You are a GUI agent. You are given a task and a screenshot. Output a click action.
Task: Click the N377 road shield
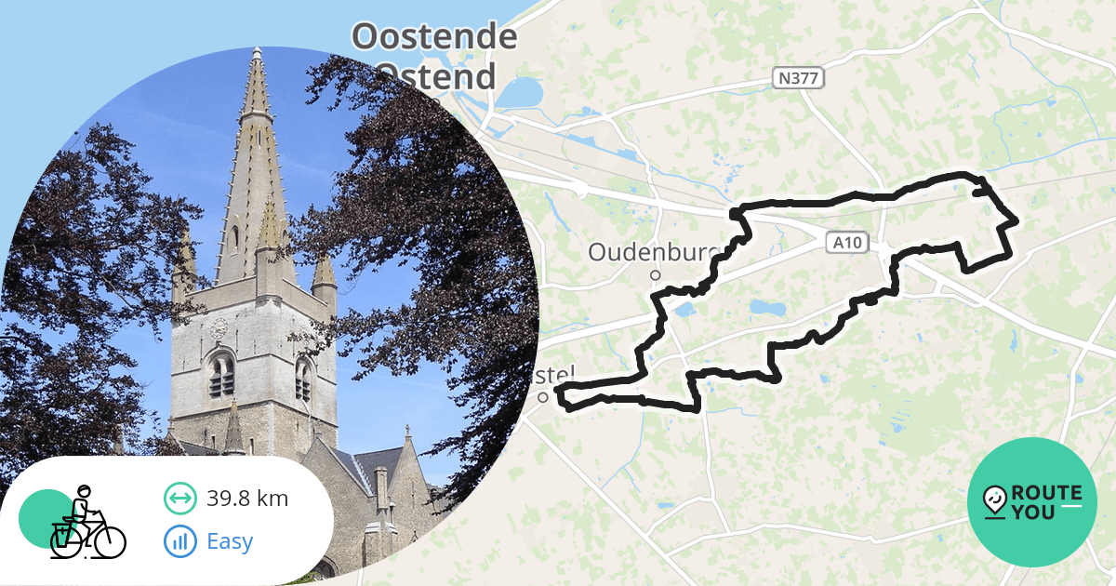click(797, 79)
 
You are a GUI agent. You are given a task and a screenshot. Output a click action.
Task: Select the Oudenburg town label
click(642, 253)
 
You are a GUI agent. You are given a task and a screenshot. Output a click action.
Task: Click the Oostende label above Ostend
click(434, 37)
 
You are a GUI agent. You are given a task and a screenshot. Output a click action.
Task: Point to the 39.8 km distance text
click(247, 499)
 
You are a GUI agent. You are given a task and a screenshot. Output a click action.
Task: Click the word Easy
click(230, 540)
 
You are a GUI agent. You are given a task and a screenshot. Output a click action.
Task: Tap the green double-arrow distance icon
click(179, 499)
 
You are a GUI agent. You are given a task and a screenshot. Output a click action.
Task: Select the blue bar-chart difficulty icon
click(179, 540)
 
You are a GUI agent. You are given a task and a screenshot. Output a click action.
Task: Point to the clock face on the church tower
click(219, 328)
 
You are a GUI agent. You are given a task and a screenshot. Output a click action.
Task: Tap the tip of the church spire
click(255, 52)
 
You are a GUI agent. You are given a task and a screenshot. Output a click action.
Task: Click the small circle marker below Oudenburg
click(655, 275)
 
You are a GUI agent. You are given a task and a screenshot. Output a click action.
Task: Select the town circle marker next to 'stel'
click(542, 397)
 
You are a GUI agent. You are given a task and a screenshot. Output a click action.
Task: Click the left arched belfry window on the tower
click(221, 375)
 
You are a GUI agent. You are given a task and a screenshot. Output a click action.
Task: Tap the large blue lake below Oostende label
click(520, 93)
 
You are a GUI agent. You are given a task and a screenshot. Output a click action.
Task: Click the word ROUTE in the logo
click(1046, 493)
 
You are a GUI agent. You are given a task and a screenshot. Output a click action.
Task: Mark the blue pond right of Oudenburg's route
click(767, 306)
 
